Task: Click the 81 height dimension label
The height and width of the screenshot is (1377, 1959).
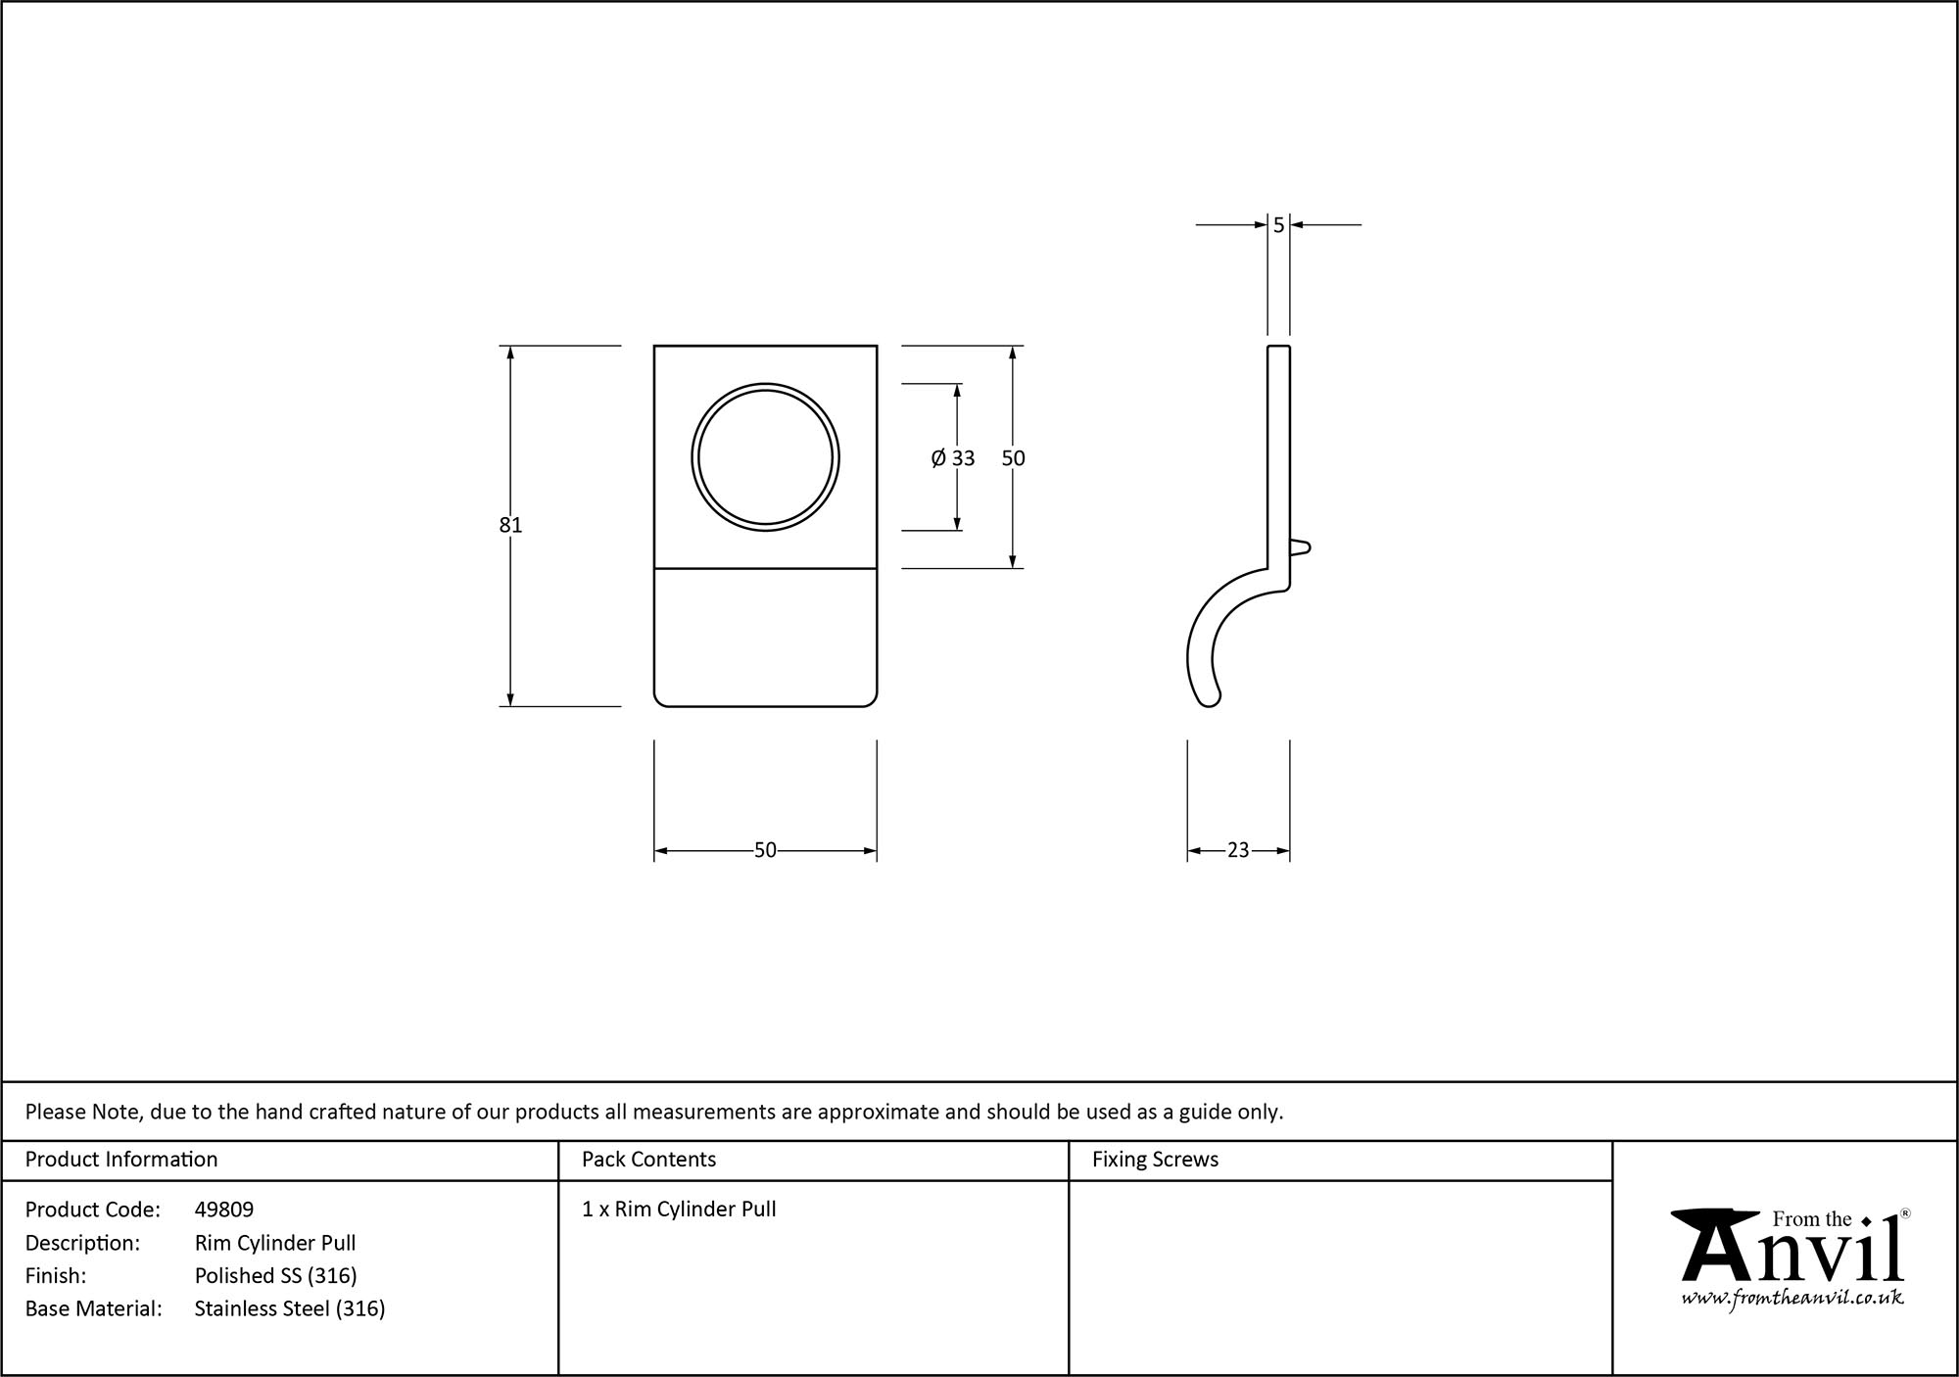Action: (510, 525)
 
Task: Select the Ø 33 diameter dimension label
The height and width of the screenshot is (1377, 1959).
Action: (953, 458)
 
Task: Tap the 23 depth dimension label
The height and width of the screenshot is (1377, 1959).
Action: (1238, 850)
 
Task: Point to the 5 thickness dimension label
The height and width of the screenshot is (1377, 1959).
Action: (1278, 225)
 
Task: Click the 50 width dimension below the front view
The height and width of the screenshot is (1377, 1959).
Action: (765, 850)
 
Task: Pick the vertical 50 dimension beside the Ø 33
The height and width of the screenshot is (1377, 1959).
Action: (1013, 458)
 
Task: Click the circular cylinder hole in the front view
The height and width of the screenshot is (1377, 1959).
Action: (765, 457)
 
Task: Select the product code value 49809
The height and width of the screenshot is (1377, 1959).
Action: (224, 1210)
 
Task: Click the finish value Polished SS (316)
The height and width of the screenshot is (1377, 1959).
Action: (275, 1275)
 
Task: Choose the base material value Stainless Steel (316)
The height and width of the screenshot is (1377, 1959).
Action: (290, 1308)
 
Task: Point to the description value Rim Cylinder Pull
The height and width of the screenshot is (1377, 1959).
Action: (275, 1243)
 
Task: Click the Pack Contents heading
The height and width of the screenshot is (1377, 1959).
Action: (648, 1160)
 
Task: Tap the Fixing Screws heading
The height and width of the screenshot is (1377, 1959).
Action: (1155, 1160)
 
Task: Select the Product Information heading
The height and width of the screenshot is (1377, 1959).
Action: (121, 1160)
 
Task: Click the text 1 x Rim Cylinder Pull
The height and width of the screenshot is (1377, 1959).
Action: (679, 1210)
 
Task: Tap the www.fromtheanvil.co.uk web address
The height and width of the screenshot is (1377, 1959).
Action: (1792, 1298)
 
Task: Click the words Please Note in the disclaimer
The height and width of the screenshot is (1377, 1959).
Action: (84, 1112)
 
